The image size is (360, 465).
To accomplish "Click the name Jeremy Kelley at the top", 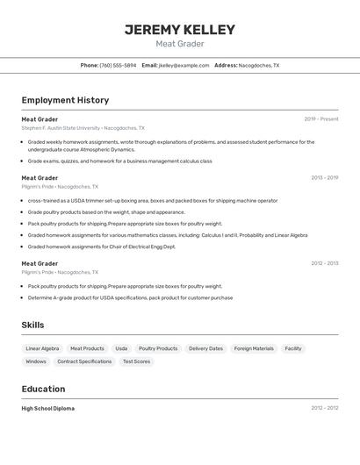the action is (180, 30).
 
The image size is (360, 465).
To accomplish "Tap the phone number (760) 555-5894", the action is (118, 66).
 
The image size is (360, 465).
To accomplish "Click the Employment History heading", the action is (65, 101).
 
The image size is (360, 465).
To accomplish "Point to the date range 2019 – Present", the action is (321, 119).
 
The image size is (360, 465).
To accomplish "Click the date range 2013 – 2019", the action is (324, 178).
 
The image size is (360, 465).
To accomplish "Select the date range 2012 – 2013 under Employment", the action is (324, 263).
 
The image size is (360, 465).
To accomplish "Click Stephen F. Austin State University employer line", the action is (83, 128).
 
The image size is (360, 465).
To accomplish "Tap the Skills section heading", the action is (32, 325).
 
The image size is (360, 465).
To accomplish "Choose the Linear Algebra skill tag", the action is (43, 348).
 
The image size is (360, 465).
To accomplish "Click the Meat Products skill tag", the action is (87, 348).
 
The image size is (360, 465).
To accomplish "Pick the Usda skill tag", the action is (121, 348).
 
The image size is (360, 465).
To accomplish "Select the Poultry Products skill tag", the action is (158, 348).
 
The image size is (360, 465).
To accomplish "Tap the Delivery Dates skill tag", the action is (205, 348).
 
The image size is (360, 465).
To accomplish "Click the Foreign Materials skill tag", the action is (254, 348).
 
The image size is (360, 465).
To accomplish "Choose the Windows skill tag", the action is (36, 361).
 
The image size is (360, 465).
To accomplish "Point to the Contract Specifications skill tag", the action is (84, 361).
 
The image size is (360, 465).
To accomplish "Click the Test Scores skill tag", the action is (136, 361).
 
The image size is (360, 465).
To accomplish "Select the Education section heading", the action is (43, 389).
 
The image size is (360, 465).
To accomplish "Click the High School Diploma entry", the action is (48, 408).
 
